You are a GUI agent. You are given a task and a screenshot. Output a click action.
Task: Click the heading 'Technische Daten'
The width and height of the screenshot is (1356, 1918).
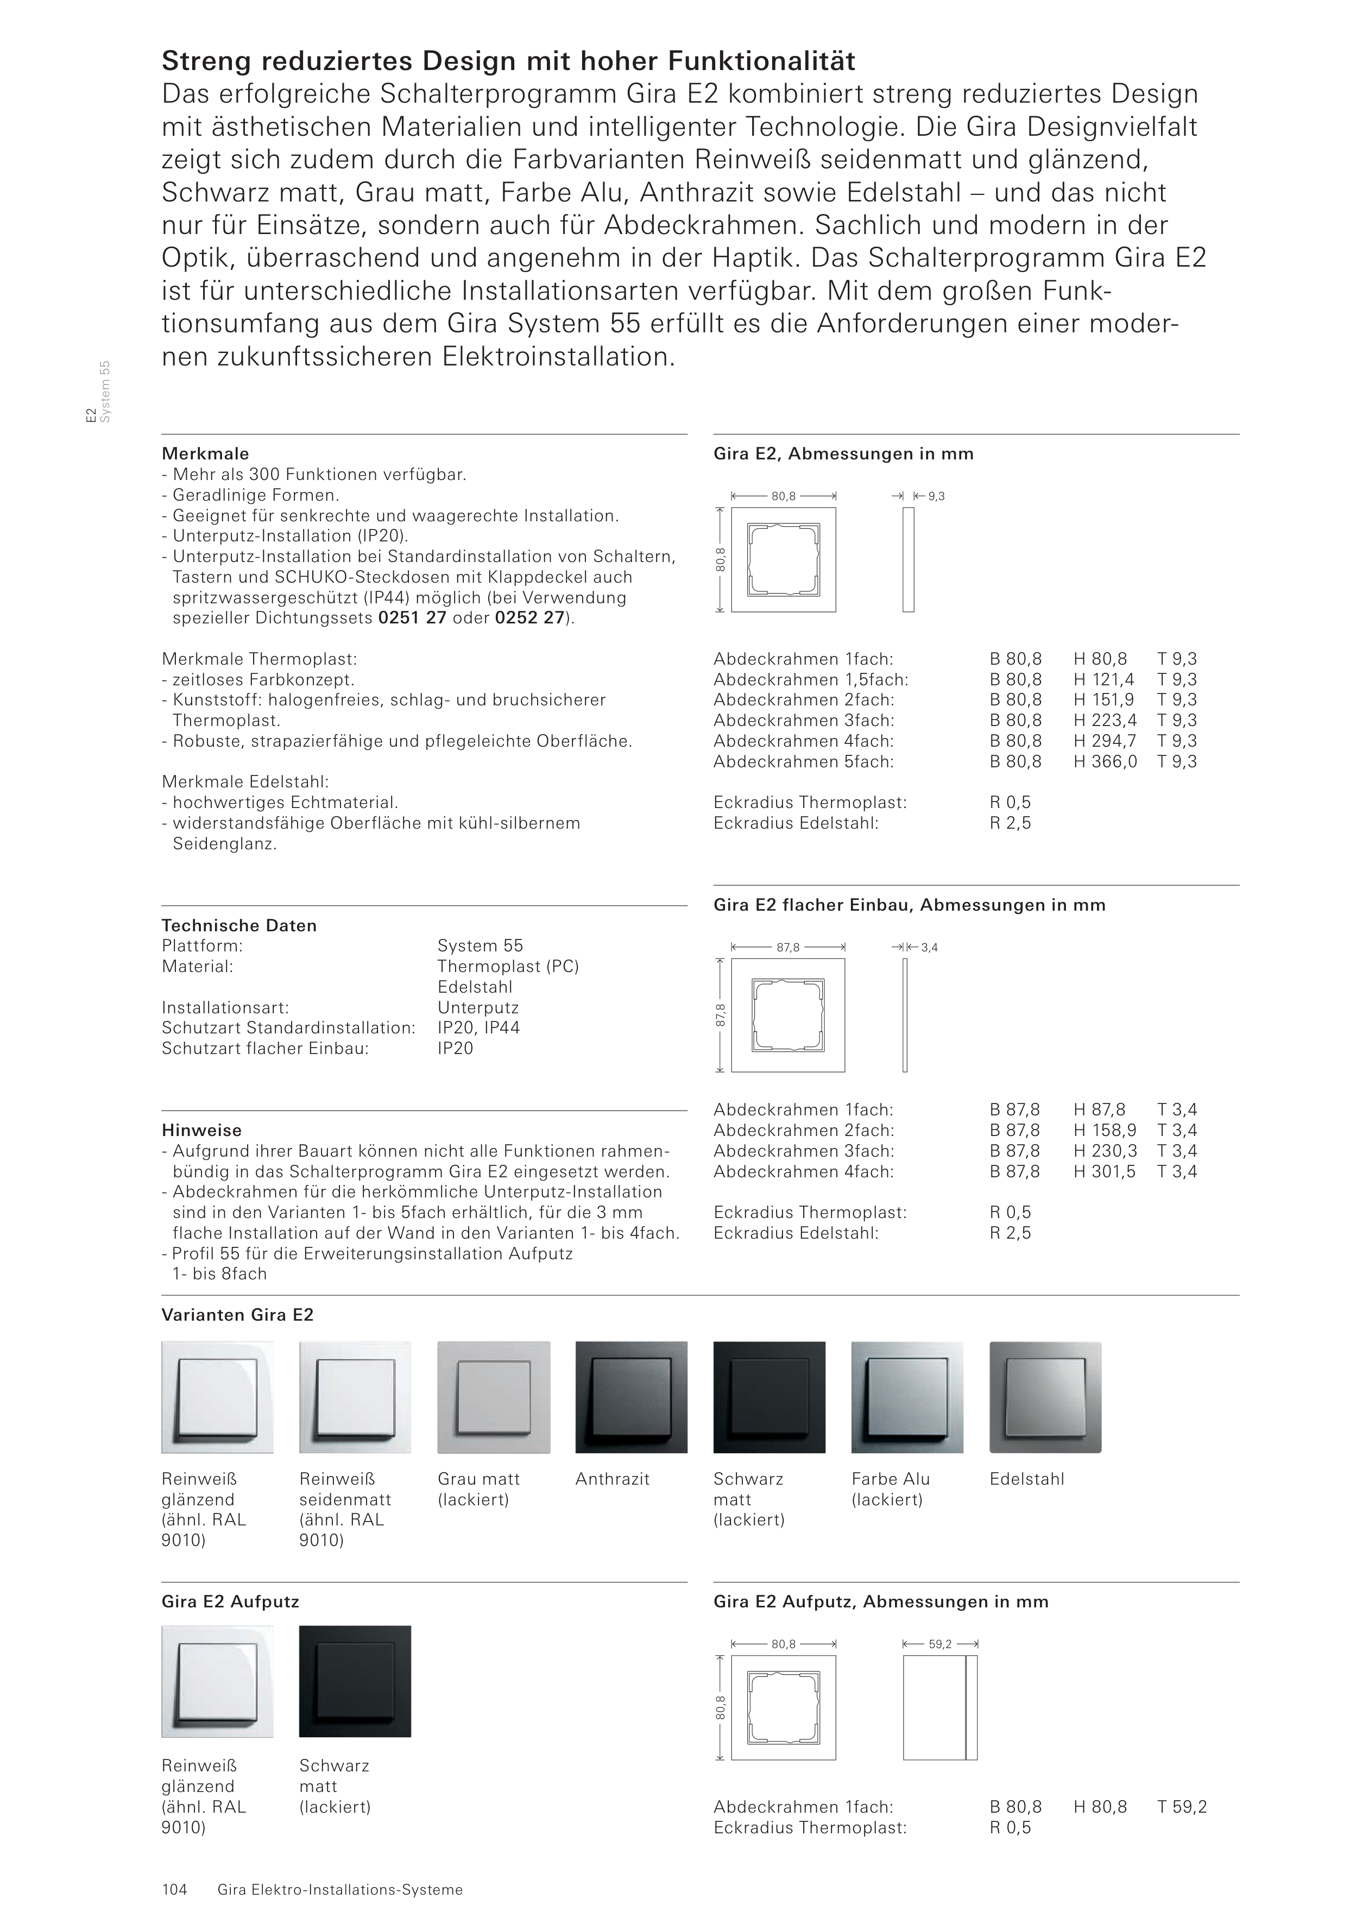point(239,925)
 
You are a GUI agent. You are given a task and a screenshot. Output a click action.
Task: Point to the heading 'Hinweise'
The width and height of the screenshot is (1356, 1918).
point(201,1130)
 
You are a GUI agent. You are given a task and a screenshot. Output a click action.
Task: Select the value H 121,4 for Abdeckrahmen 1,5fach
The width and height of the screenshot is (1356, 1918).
point(1103,679)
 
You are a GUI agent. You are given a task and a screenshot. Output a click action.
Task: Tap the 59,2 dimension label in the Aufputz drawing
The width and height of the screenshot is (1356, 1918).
point(940,1644)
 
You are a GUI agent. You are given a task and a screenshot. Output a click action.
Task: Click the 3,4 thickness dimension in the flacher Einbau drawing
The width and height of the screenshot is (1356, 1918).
point(929,947)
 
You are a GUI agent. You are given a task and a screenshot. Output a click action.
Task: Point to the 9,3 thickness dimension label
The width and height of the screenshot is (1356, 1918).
point(937,496)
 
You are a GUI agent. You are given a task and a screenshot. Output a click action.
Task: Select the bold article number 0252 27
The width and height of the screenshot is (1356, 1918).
point(529,618)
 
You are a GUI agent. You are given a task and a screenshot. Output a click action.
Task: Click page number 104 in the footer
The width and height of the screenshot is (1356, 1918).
point(175,1890)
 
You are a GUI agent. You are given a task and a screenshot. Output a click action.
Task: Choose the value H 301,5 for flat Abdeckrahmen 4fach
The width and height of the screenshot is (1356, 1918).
point(1105,1171)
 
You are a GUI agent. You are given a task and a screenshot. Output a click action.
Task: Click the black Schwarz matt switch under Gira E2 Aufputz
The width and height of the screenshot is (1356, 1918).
point(355,1681)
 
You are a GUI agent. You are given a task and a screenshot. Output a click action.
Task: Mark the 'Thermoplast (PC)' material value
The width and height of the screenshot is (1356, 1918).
point(508,967)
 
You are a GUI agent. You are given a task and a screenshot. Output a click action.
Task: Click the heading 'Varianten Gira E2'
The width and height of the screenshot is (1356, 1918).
point(237,1315)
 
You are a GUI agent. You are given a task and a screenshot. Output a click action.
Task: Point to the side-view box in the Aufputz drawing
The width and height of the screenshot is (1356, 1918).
point(939,1707)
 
